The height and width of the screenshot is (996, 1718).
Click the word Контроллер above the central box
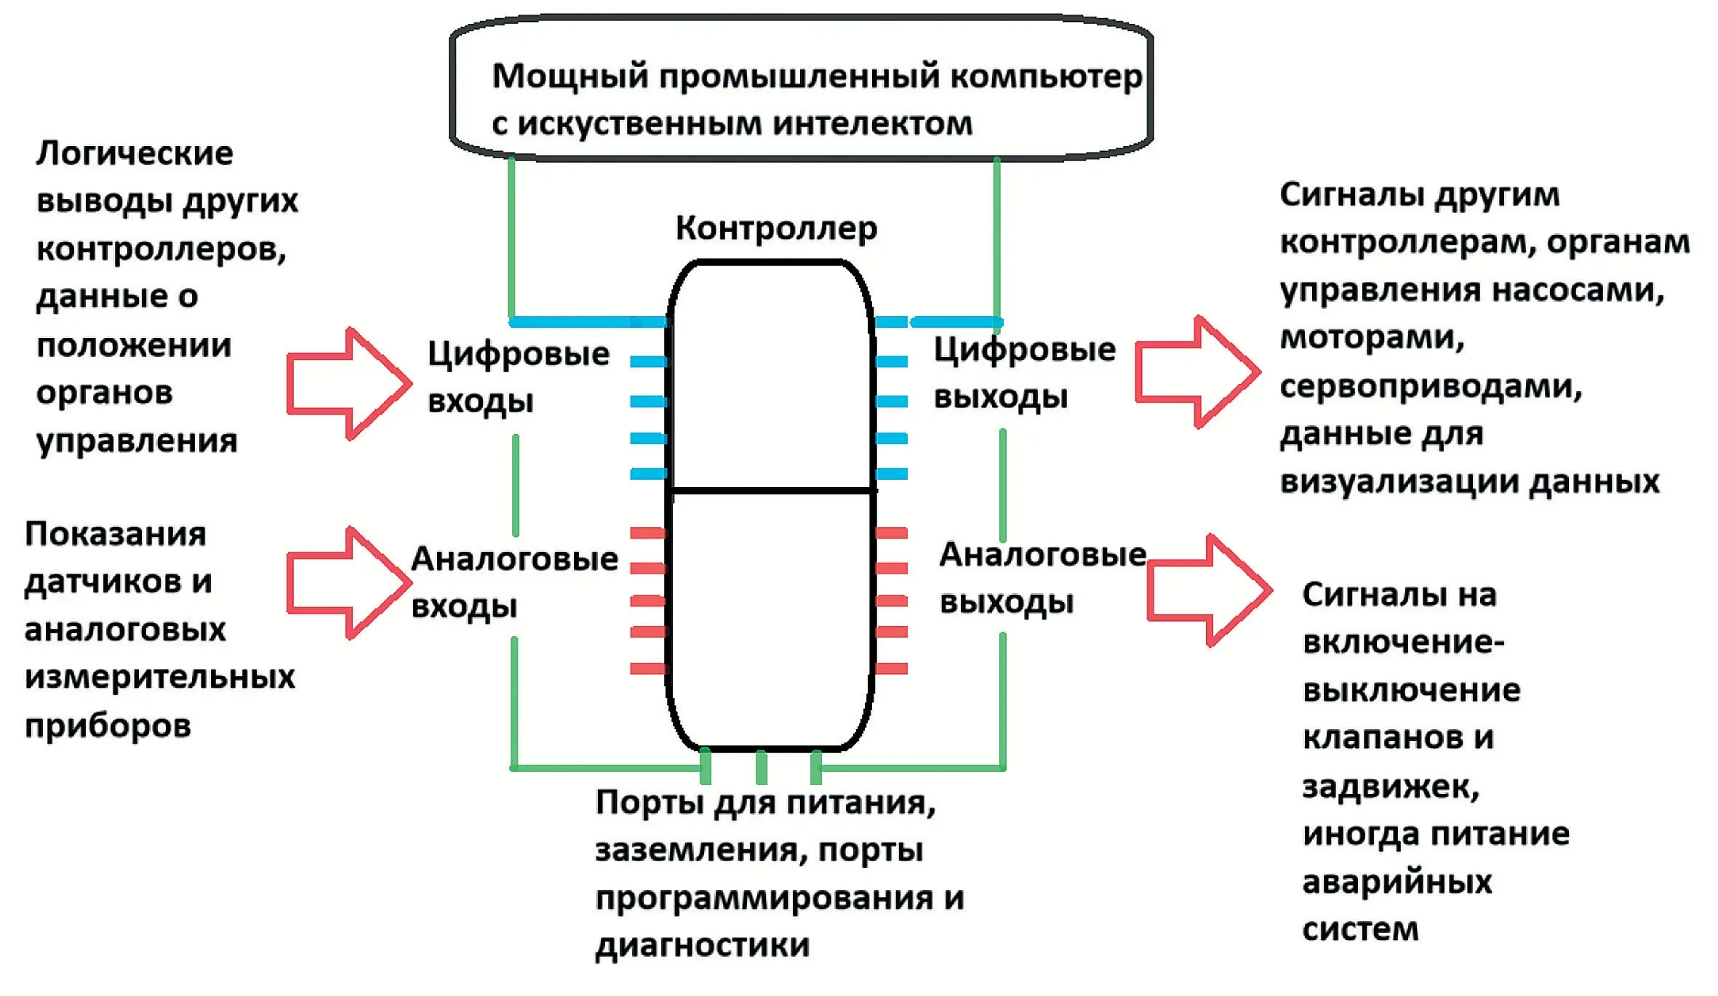776,228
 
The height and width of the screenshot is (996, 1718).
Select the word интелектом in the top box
872,124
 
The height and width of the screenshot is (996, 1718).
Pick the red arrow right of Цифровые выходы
1196,372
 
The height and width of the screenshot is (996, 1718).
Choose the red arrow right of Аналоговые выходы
1208,590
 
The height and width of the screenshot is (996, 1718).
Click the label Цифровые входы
518,377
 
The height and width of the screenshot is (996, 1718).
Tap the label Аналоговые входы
514,582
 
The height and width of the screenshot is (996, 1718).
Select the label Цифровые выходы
1024,373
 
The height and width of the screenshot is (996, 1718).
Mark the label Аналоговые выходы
1042,578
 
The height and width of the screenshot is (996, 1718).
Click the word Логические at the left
135,153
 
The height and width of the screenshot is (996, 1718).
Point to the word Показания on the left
116,534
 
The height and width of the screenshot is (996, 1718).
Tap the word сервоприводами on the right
1430,386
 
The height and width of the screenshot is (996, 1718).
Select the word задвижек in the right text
1390,787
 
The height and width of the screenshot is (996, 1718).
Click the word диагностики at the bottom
702,945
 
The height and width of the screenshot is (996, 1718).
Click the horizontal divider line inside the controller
772,491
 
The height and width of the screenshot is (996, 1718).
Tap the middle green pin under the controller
762,767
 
